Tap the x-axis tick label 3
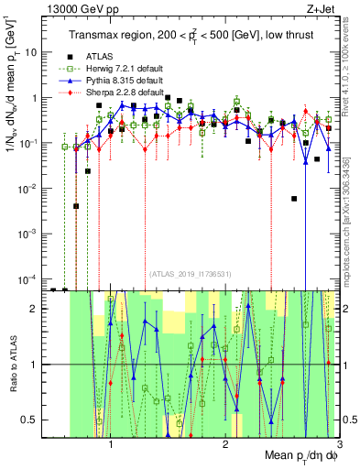339,442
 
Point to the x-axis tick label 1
111,442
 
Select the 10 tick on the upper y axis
31,52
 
